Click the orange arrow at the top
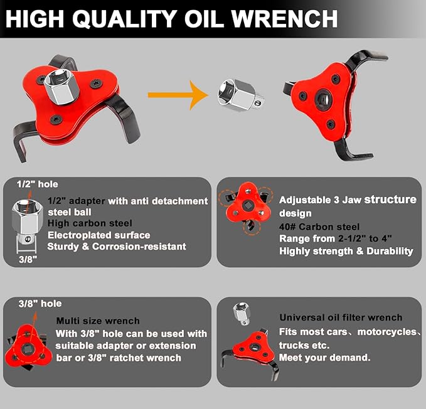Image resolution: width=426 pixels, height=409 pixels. tap(178, 95)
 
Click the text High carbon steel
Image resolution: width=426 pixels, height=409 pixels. tap(90, 223)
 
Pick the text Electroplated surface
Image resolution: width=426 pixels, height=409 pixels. tap(99, 235)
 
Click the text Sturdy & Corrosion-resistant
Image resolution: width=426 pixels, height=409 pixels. tap(117, 247)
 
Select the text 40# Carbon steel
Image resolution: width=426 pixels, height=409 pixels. tap(319, 226)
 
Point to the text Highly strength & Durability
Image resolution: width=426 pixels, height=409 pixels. tap(346, 251)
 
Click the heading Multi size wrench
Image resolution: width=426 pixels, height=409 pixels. tap(97, 321)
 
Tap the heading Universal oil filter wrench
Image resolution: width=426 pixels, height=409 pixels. tap(341, 317)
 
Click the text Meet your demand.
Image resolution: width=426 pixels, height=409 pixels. tap(324, 358)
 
